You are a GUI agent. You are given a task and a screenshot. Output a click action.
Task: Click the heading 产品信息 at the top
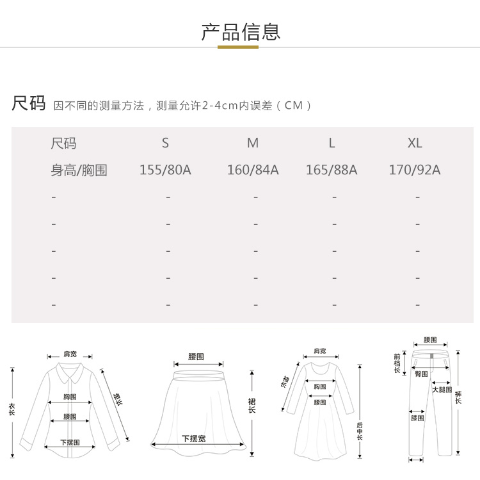click(241, 31)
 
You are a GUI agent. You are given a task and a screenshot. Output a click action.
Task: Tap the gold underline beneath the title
click(238, 47)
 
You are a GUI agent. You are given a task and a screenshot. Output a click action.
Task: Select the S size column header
click(165, 143)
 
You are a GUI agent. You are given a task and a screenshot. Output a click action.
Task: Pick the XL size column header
click(415, 143)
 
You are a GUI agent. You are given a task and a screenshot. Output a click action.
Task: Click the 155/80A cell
click(165, 170)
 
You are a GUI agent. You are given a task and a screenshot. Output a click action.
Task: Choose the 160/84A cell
click(253, 170)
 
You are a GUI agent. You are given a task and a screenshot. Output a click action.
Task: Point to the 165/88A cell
click(332, 170)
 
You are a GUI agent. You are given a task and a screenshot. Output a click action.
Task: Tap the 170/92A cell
click(415, 170)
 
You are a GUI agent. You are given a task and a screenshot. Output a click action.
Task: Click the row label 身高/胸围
click(79, 170)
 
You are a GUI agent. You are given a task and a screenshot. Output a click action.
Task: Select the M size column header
click(253, 143)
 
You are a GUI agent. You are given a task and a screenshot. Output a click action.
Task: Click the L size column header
click(332, 143)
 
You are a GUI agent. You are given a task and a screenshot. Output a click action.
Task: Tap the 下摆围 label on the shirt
click(70, 442)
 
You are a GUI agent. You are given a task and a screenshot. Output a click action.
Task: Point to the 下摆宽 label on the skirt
click(193, 439)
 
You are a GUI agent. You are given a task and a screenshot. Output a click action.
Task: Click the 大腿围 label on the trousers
click(441, 390)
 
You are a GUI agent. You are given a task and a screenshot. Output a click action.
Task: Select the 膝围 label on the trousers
click(417, 418)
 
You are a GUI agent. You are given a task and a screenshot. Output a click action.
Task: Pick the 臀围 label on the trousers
click(421, 373)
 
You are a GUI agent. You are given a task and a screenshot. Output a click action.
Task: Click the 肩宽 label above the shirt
click(70, 354)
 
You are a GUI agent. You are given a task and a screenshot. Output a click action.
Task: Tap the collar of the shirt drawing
click(69, 370)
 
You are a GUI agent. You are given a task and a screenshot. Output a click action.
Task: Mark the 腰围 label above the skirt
click(196, 356)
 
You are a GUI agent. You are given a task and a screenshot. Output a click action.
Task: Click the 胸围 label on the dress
click(320, 386)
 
